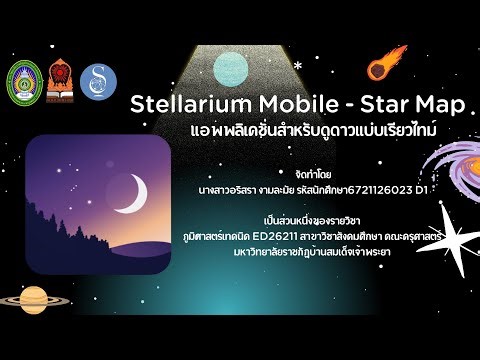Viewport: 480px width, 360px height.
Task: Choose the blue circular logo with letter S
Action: click(98, 82)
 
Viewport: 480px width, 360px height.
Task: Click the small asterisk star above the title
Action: click(297, 66)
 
